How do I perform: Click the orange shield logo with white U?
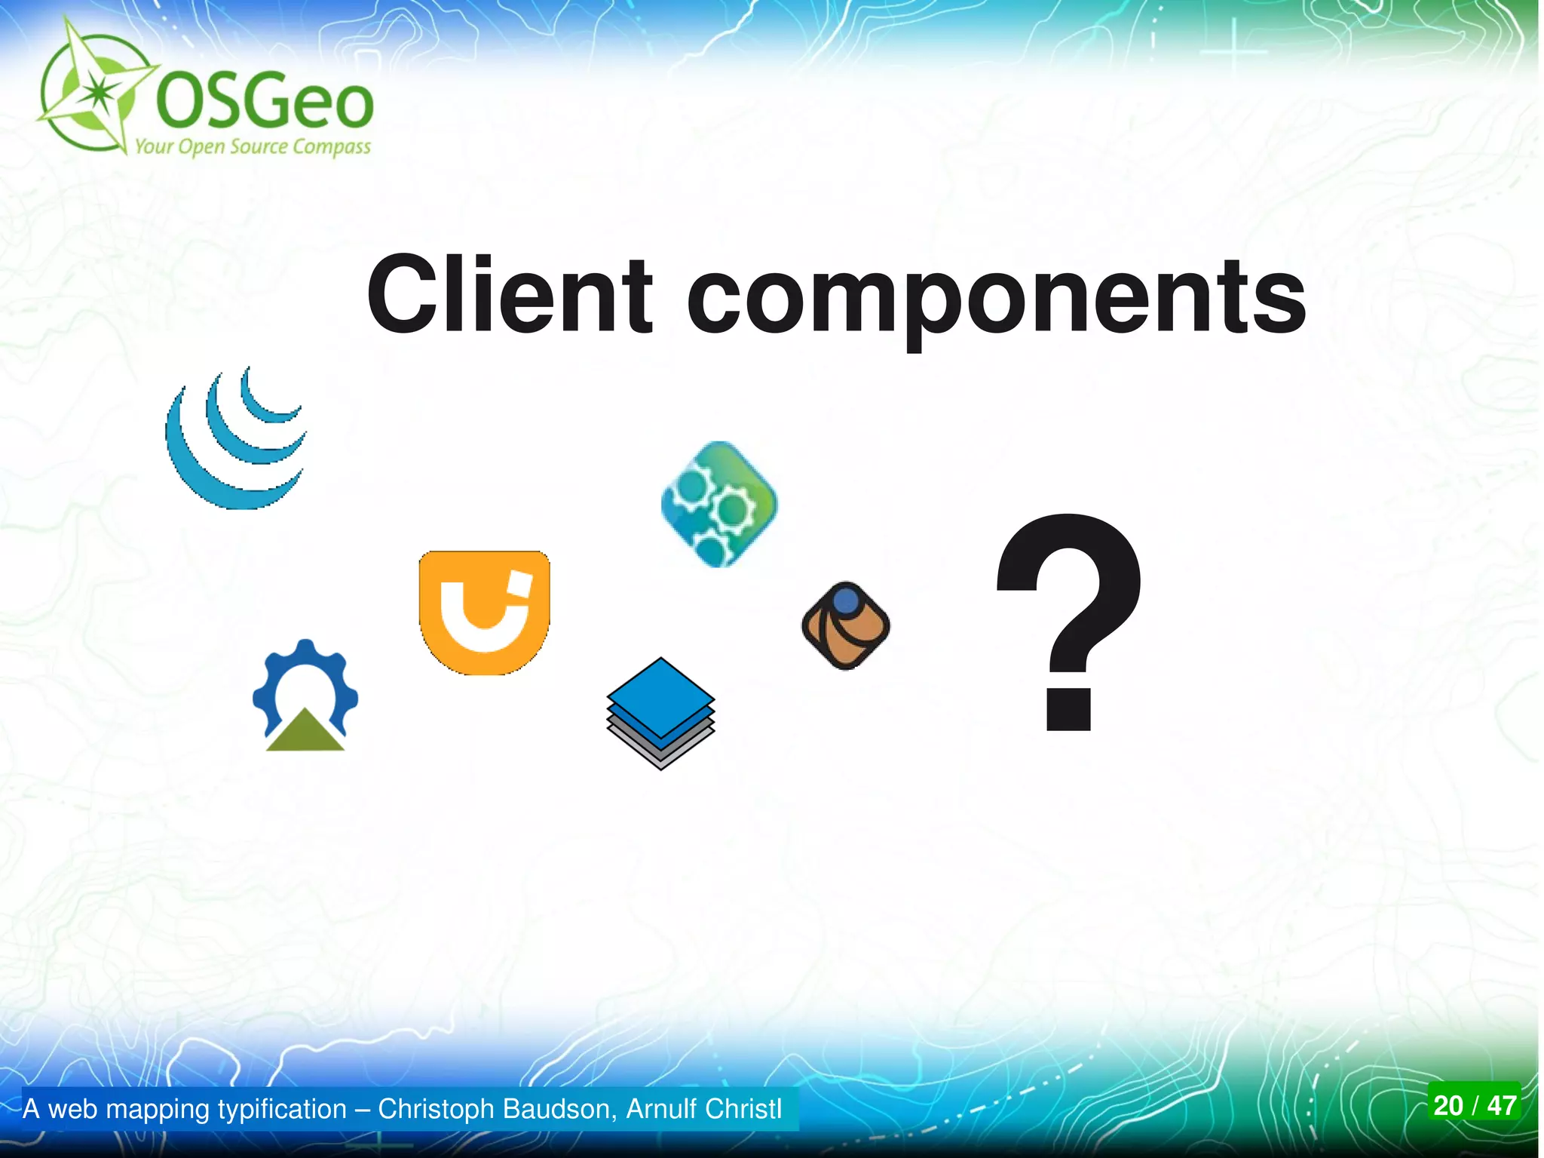(484, 612)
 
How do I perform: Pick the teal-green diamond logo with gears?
(719, 504)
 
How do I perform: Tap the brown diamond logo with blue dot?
(845, 625)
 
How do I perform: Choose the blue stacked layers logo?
(660, 712)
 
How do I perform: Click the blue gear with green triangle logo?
(305, 696)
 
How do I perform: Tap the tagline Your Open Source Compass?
(253, 146)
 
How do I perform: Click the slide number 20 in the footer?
(1448, 1105)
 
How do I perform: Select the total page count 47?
(1502, 1105)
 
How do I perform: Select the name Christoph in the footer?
(437, 1109)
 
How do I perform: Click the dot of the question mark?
(1069, 709)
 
